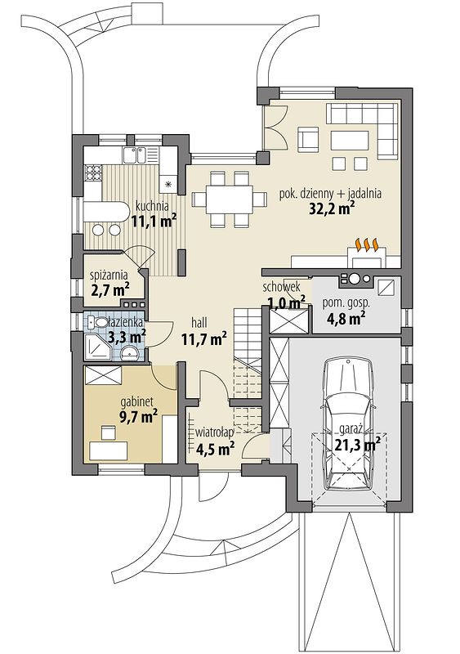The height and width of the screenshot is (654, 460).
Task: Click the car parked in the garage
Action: [349, 423]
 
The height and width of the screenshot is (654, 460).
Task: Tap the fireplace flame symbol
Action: [366, 244]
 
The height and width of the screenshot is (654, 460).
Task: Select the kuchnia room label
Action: [152, 206]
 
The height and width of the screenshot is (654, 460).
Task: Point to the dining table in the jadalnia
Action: [229, 199]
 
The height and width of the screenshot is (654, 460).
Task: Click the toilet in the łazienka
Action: [99, 322]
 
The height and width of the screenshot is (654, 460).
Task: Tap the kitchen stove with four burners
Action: [93, 172]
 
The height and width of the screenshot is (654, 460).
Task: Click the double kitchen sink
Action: [134, 155]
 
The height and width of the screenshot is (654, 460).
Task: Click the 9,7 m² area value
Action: [138, 416]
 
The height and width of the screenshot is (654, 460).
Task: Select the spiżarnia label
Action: [109, 275]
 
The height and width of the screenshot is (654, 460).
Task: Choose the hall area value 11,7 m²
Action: [204, 340]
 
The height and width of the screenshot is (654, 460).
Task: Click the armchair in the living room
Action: [308, 140]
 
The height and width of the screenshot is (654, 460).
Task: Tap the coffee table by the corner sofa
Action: [350, 141]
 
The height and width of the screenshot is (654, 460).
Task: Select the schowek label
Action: [282, 287]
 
